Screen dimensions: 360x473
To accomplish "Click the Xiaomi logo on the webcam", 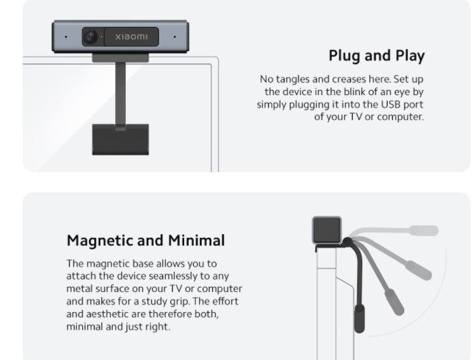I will [132, 37].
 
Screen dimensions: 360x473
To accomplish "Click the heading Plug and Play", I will [377, 55].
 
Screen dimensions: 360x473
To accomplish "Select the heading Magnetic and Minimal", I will [145, 239].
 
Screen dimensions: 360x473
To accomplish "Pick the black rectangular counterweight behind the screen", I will [121, 139].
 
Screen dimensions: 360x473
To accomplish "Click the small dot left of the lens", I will [66, 37].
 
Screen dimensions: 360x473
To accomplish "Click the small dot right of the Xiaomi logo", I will [175, 37].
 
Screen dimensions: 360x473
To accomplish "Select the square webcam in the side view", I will [327, 230].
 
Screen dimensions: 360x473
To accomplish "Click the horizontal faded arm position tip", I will [425, 230].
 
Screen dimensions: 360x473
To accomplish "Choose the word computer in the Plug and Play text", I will [401, 117].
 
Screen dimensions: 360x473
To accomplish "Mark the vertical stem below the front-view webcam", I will [121, 92].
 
